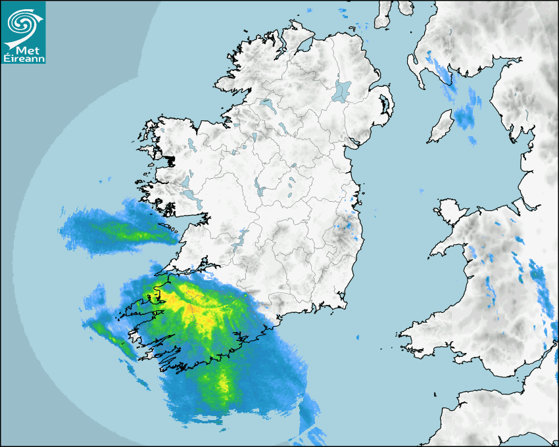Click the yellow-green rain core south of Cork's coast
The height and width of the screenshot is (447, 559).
[x=224, y=385]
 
